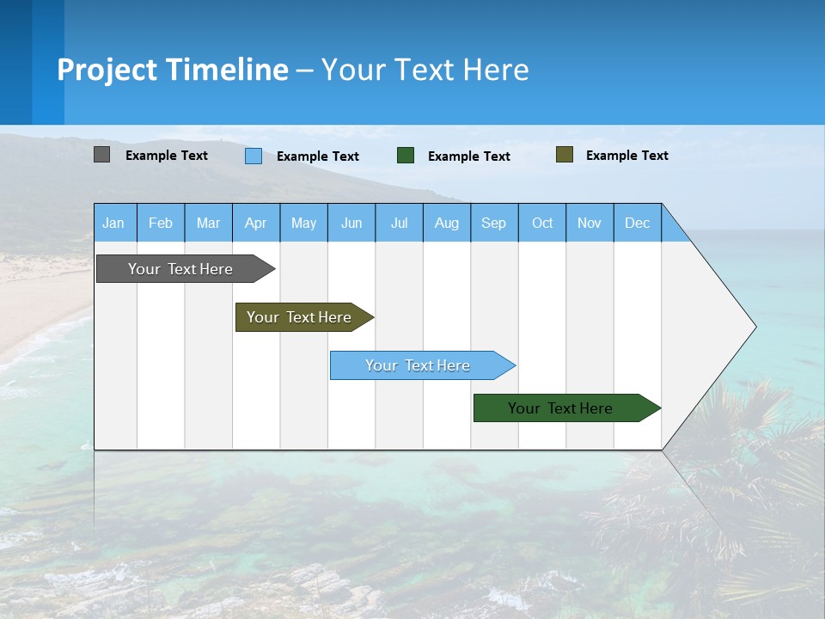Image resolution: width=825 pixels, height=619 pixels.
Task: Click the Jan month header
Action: coord(113,223)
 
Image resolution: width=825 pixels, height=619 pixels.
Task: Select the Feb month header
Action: coord(161,223)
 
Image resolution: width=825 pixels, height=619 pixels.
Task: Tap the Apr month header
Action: coord(255,223)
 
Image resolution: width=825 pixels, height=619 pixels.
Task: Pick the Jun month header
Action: coord(351,223)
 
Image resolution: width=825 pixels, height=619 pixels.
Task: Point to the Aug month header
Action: coord(446,223)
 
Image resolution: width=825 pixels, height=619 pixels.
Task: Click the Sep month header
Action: coord(493,223)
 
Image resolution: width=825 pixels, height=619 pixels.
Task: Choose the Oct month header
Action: coord(542,223)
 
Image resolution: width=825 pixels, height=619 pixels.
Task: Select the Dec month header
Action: coord(637,223)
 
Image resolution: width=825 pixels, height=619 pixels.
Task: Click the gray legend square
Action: coord(101,155)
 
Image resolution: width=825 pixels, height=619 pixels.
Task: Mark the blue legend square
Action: coord(254,156)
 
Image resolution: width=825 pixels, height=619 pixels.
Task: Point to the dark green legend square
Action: coord(406,156)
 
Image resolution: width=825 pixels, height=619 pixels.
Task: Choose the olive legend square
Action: coord(564,155)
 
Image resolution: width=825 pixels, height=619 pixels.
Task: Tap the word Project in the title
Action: coord(107,70)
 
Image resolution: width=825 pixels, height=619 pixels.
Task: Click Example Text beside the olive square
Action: coord(626,156)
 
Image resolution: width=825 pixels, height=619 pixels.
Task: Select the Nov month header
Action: coord(589,223)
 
